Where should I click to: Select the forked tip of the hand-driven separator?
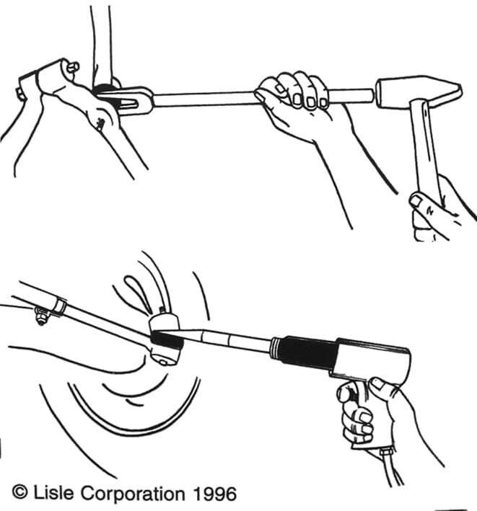pos(126,100)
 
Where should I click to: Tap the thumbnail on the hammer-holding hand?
pos(416,200)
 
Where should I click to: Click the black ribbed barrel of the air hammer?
pos(305,352)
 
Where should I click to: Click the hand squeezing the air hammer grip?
pos(375,414)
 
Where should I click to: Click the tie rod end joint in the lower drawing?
pos(165,339)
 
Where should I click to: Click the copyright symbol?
pos(20,492)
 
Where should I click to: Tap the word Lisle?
pos(53,492)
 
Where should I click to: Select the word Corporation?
pos(133,494)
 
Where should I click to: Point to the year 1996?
pos(214,494)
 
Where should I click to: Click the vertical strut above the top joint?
pos(101,45)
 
